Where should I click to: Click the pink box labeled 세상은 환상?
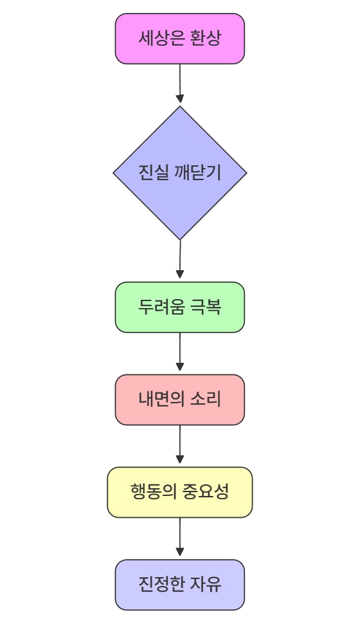pos(180,39)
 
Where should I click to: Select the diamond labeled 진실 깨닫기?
pos(180,173)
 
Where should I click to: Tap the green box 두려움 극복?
pos(180,307)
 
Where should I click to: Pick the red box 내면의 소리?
pos(180,399)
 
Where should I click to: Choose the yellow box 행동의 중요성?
pos(180,492)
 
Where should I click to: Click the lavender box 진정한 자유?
pos(180,585)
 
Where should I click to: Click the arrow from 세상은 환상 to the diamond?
pos(180,84)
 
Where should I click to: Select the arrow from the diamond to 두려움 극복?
pos(180,259)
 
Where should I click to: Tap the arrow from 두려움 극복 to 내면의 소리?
pos(180,352)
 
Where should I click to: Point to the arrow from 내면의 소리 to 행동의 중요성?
pos(180,445)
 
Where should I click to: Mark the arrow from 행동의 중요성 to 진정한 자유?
pos(180,537)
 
